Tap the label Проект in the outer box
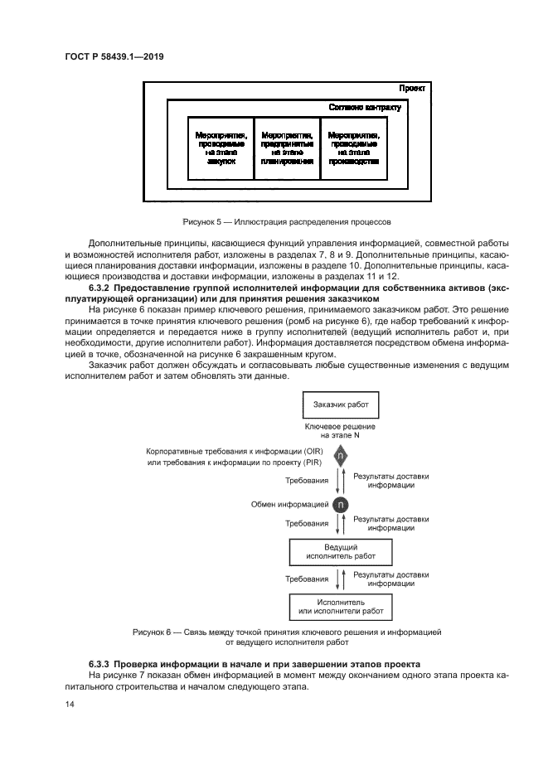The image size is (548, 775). [412, 88]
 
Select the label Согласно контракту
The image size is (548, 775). [365, 108]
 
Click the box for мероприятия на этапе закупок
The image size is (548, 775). [221, 148]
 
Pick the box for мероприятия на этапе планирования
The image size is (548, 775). [286, 148]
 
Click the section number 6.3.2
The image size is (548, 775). [101, 288]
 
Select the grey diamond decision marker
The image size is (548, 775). [341, 457]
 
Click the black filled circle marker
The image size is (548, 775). [341, 505]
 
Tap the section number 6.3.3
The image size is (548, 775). [101, 665]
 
